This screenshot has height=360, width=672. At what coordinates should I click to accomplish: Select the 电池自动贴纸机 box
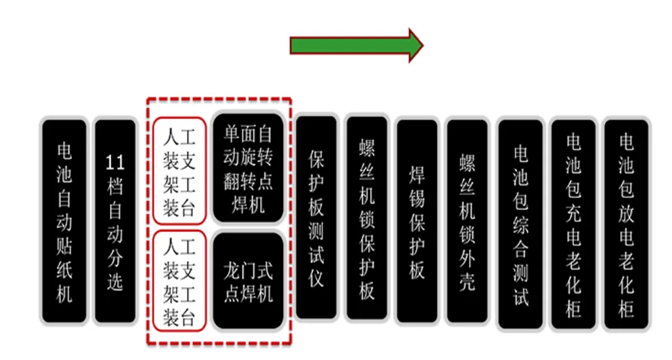click(x=63, y=222)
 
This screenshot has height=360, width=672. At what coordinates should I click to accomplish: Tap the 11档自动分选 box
click(x=115, y=222)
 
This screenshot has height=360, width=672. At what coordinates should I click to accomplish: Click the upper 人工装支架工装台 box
click(x=179, y=170)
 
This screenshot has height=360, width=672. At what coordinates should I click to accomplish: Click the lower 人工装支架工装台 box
click(x=179, y=280)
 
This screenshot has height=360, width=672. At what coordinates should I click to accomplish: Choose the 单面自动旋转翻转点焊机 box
click(x=248, y=170)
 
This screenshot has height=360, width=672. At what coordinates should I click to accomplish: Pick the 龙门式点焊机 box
click(x=248, y=281)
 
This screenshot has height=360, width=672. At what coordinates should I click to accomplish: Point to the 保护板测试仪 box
click(x=316, y=218)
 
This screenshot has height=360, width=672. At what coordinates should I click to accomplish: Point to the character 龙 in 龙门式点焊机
click(x=232, y=270)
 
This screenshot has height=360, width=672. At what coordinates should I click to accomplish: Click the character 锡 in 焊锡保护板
click(x=417, y=198)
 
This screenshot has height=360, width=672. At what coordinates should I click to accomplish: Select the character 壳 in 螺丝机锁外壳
click(x=467, y=282)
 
